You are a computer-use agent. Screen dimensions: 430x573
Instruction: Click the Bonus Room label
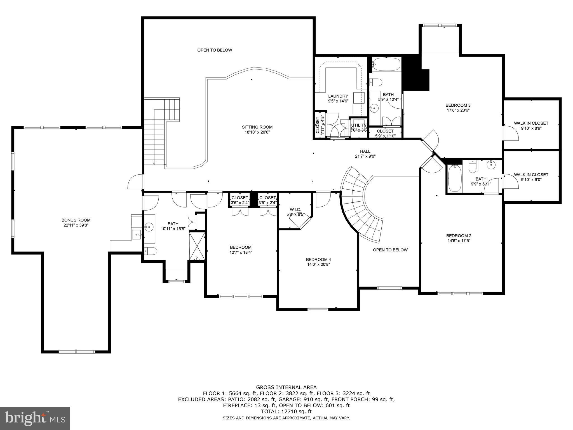76,220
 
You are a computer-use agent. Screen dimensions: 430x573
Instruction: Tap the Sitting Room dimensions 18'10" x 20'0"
257,132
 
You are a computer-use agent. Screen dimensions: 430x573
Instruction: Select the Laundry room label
338,96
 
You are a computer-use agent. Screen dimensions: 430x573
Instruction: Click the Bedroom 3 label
458,105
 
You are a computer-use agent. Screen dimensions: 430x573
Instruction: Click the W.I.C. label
295,209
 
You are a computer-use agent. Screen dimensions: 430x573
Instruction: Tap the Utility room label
359,125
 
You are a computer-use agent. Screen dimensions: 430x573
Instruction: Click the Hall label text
365,151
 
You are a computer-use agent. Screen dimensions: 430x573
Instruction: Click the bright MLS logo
35,418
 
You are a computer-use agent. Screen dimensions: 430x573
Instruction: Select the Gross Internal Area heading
286,387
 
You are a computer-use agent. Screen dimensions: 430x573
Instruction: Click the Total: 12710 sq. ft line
286,412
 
